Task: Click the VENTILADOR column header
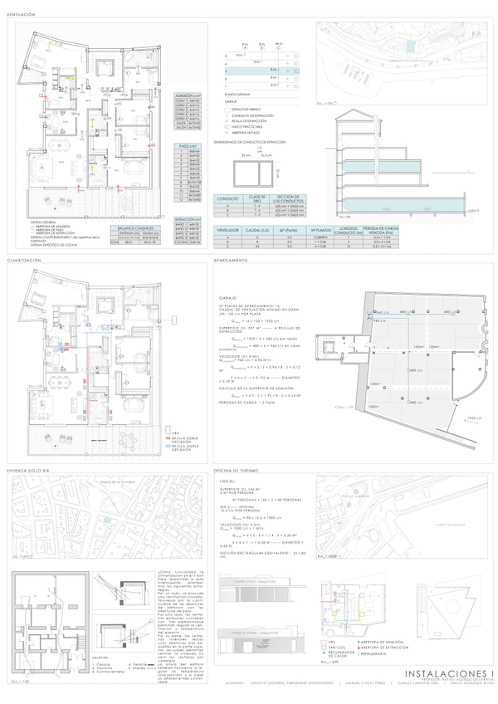coord(227,230)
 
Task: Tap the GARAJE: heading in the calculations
coord(231,296)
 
